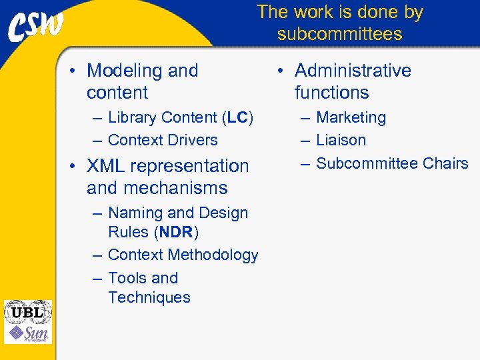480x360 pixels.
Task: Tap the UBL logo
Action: point(27,311)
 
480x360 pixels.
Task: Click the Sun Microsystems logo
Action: point(27,333)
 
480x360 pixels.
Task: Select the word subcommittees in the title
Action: point(339,34)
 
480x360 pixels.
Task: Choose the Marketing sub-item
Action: point(351,118)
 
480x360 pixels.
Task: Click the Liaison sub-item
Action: point(341,141)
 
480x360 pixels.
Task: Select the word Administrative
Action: point(353,71)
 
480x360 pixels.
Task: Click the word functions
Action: point(331,93)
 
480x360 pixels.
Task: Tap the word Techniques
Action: point(149,298)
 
